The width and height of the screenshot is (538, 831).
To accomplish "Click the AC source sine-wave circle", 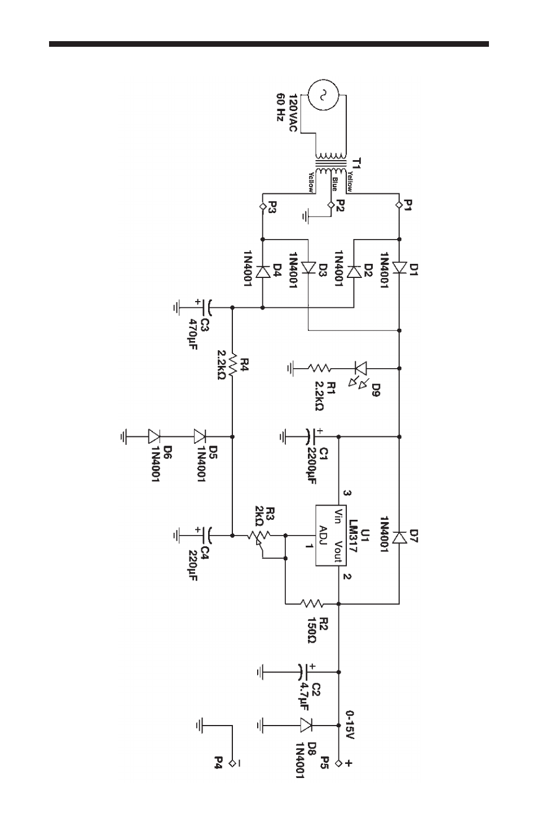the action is tap(324, 95).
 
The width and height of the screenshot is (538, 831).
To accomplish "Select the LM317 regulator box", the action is tap(330, 536).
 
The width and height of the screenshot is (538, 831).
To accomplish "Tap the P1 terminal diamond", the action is tap(399, 205).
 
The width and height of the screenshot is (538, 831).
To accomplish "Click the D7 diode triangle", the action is tap(399, 537).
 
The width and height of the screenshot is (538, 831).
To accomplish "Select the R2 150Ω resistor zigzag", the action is tap(312, 604).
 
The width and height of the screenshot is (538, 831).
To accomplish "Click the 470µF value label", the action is tap(193, 334).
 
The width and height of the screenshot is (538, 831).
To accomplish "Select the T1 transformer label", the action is tap(356, 163).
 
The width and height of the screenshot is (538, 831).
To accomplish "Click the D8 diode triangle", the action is tap(306, 724).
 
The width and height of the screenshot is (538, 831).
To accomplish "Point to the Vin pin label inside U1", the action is tap(338, 516).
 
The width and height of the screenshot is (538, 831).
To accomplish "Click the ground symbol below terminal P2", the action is tap(306, 216).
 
